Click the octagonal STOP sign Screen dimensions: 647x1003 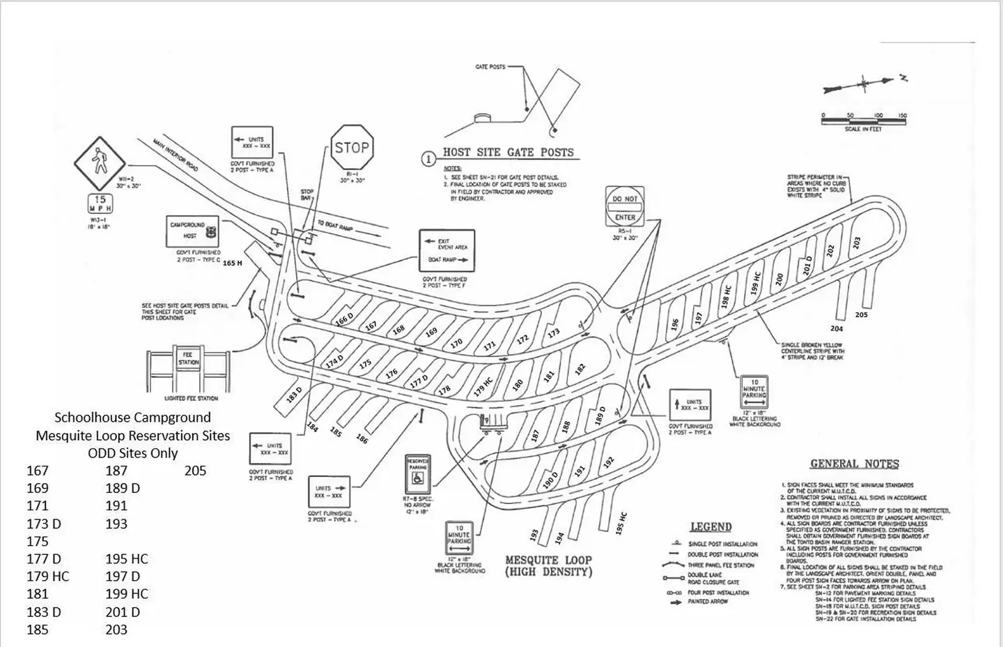pos(352,148)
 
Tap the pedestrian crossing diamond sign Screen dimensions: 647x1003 pos(99,163)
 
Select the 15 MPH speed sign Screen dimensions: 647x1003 pos(99,204)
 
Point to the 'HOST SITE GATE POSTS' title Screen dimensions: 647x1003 pos(508,153)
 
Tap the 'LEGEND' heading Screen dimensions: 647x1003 pos(710,527)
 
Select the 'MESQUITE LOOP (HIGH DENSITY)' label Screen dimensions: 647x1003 pos(548,565)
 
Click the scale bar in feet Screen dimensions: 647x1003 pos(864,121)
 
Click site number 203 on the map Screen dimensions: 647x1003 pos(857,243)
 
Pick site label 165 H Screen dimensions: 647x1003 pos(233,264)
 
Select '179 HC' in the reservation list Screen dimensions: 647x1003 pos(48,577)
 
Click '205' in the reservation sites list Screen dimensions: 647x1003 pos(196,471)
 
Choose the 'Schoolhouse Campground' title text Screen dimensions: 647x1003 pos(132,418)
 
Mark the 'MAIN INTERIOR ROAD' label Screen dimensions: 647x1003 pos(176,155)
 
